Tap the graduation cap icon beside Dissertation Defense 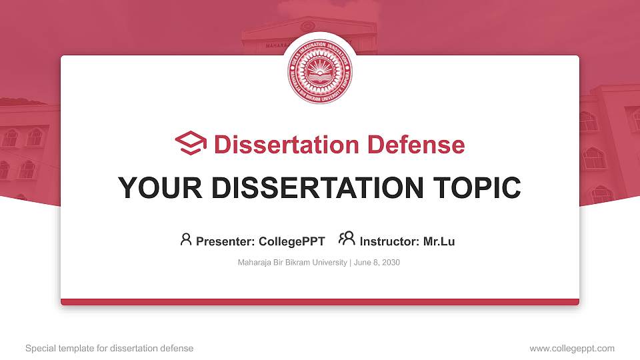191,144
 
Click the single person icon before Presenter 186,239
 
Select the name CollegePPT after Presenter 293,241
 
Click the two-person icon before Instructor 347,239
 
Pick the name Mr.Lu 439,241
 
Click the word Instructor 389,241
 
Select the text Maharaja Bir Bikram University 292,263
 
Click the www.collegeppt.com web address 572,348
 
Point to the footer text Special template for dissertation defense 109,348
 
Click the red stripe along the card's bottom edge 320,302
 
